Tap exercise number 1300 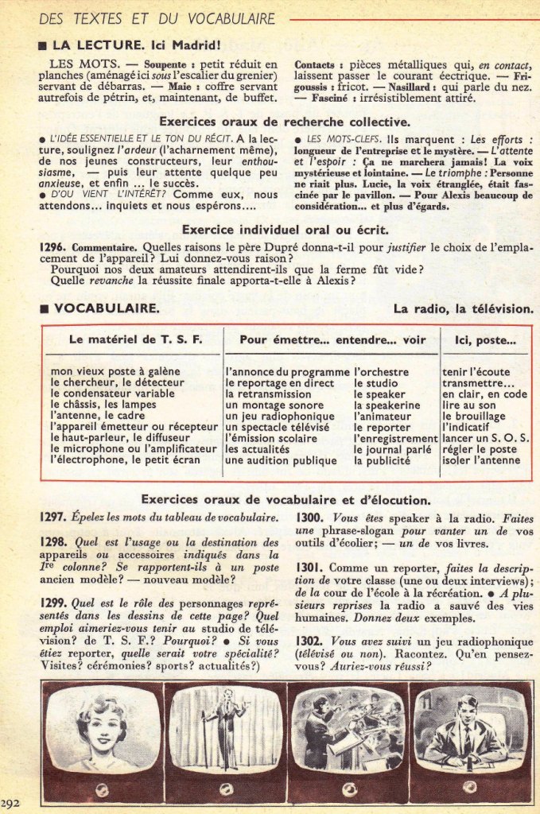click(308, 517)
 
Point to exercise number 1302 click(308, 641)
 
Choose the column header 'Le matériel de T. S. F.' click(135, 339)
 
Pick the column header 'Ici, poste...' click(485, 339)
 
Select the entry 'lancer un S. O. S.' click(486, 439)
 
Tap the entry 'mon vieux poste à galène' click(115, 371)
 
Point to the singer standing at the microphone click(226, 723)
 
